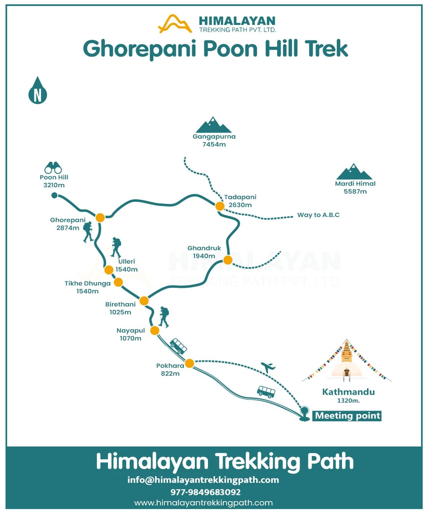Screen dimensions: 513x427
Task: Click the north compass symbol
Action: pyautogui.click(x=38, y=91)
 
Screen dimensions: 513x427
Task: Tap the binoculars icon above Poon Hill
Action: pyautogui.click(x=53, y=168)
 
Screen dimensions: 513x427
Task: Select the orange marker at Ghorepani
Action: pyautogui.click(x=100, y=218)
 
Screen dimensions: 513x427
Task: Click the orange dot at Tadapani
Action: pyautogui.click(x=220, y=206)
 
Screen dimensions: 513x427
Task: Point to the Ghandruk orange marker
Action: pyautogui.click(x=228, y=260)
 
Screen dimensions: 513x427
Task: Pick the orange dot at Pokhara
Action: pyautogui.click(x=189, y=363)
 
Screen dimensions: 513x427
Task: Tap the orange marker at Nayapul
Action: pyautogui.click(x=155, y=331)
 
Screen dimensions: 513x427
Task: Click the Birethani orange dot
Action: pyautogui.click(x=144, y=301)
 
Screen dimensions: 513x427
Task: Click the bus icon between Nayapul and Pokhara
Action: pyautogui.click(x=178, y=346)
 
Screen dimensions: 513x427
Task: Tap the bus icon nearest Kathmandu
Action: pyautogui.click(x=266, y=392)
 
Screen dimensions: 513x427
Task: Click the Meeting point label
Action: pyautogui.click(x=347, y=416)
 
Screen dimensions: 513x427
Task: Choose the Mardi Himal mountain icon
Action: pyautogui.click(x=354, y=172)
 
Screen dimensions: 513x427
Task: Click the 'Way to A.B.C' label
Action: pyautogui.click(x=318, y=215)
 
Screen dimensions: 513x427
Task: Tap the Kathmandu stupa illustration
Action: pyautogui.click(x=347, y=361)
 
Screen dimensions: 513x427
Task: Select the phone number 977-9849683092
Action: pyautogui.click(x=206, y=492)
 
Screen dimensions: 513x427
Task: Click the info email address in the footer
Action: pyautogui.click(x=203, y=480)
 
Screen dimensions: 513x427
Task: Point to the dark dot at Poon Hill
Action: pyautogui.click(x=55, y=195)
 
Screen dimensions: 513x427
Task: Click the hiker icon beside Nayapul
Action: pyautogui.click(x=164, y=317)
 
